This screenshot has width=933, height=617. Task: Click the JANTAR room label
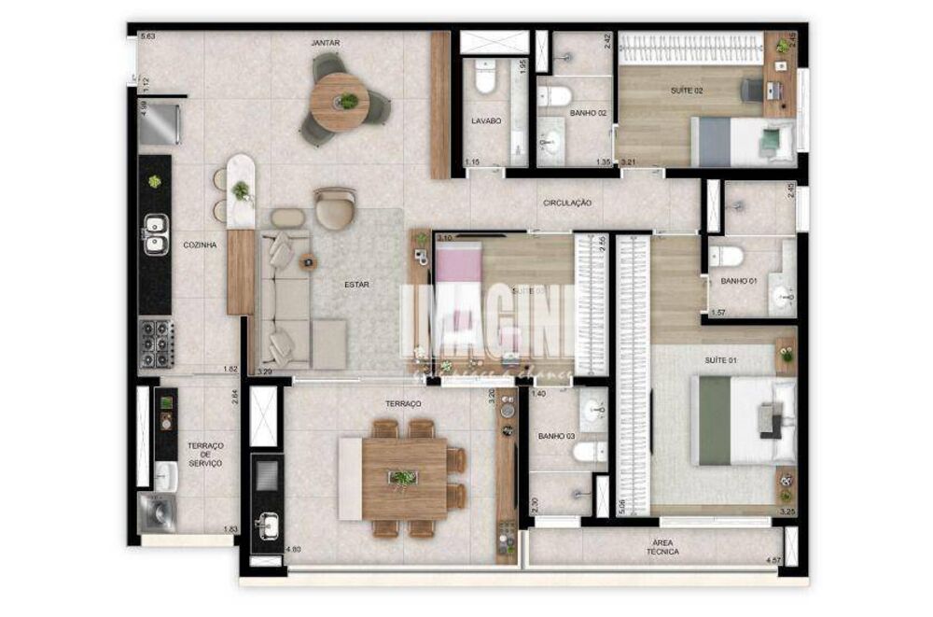[x=326, y=43]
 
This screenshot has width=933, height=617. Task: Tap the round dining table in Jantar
[x=340, y=102]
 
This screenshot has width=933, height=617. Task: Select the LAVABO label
[x=485, y=120]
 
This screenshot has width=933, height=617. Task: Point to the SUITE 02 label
[x=687, y=90]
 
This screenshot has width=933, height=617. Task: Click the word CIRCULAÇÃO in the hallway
[x=567, y=203]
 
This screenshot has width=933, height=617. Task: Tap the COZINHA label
[x=200, y=245]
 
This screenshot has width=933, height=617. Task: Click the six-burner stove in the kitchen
[x=156, y=344]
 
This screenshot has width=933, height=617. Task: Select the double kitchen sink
[x=155, y=233]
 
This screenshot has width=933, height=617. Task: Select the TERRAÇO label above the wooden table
[x=401, y=403]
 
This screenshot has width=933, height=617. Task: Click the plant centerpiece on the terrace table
[x=403, y=479]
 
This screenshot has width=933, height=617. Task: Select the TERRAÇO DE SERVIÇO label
[x=204, y=455]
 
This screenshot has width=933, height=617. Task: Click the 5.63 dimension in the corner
[x=148, y=36]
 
